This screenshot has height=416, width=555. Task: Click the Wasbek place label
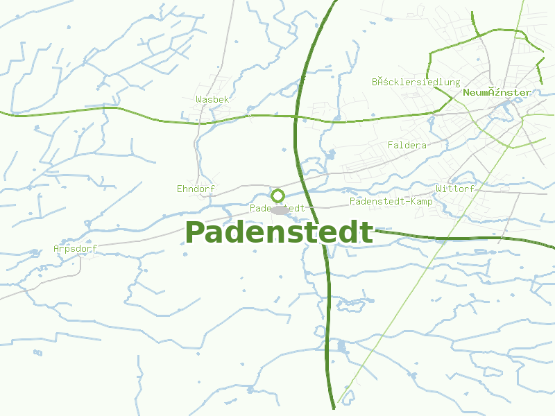212,100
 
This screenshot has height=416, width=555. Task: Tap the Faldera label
407,146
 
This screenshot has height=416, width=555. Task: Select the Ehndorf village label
196,189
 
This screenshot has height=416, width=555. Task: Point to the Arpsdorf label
75,248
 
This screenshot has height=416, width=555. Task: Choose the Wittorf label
455,189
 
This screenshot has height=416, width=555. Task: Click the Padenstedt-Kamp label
391,201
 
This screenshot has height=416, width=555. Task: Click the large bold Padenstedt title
279,232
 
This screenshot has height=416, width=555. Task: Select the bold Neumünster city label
497,92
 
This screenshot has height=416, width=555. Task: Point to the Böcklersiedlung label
416,82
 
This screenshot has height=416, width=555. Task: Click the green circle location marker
277,196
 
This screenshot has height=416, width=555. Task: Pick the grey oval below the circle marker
279,209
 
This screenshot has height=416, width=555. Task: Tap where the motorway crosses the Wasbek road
296,118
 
